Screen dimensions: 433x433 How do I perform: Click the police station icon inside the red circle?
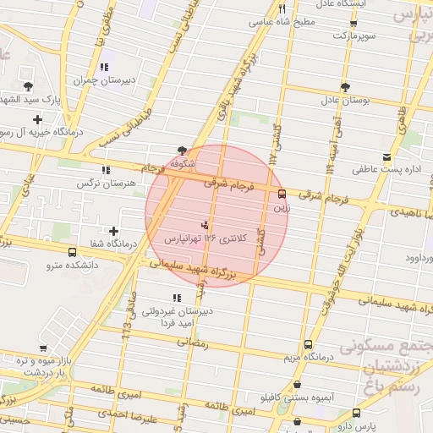[x=204, y=225]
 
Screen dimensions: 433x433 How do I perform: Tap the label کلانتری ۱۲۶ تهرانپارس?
[x=208, y=239]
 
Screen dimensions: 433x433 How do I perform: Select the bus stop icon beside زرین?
[x=282, y=193]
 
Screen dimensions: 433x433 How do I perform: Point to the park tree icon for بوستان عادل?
[x=344, y=86]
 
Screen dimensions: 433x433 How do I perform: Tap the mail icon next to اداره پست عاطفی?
[x=386, y=156]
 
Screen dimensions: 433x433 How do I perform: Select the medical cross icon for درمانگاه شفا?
[x=114, y=231]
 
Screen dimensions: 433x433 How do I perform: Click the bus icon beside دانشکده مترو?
[x=70, y=251]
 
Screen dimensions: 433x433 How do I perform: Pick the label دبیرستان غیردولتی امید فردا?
[x=175, y=316]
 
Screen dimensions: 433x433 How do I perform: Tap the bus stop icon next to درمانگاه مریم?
[x=307, y=344]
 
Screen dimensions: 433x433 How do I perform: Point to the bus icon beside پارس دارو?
[x=356, y=414]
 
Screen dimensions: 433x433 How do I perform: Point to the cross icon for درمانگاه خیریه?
[x=36, y=119]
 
